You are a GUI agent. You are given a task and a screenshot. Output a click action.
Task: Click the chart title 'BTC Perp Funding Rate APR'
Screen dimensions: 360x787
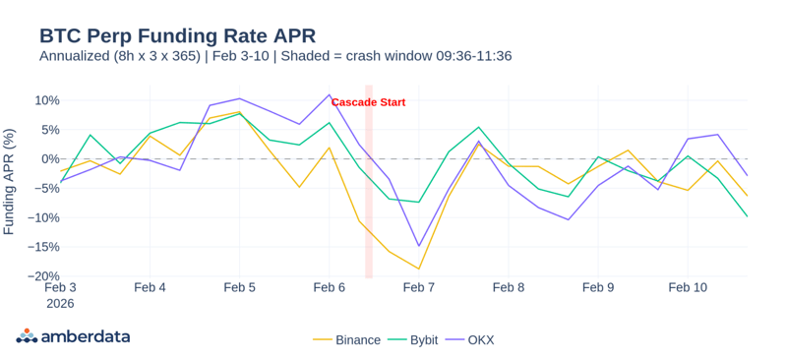tap(177, 34)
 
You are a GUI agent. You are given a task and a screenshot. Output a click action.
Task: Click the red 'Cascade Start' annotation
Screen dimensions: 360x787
tap(368, 102)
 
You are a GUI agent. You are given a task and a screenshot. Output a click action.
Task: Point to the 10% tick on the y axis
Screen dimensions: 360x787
tap(47, 100)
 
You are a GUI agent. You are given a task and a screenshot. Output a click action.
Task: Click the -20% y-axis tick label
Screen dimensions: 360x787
tap(44, 276)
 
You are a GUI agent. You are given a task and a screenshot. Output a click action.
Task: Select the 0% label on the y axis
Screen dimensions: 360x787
tap(50, 159)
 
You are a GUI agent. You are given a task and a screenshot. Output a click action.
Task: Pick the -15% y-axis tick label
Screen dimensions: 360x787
tap(44, 247)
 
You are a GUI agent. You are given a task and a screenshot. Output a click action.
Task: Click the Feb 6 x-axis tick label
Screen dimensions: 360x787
tap(329, 288)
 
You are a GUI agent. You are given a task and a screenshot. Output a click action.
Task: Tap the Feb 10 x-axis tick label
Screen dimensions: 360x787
tap(688, 288)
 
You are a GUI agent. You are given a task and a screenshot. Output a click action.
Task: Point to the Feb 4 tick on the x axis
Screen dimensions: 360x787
tap(150, 288)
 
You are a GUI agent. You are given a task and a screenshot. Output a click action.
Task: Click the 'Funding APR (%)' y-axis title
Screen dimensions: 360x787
tap(10, 181)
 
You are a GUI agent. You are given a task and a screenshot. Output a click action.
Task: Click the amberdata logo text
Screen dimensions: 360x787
tap(85, 336)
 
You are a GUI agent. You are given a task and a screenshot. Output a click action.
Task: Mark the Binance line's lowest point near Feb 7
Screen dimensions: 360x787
tap(419, 269)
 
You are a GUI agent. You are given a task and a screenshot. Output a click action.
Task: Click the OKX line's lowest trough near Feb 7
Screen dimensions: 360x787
tap(419, 246)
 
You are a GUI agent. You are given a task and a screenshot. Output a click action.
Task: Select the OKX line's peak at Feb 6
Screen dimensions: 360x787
tap(330, 95)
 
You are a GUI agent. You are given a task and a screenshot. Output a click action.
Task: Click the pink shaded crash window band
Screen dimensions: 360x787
tap(369, 197)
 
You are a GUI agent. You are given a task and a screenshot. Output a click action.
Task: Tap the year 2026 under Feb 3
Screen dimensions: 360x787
tap(60, 304)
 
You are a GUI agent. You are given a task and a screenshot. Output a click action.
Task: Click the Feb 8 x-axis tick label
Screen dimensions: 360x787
tap(509, 288)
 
